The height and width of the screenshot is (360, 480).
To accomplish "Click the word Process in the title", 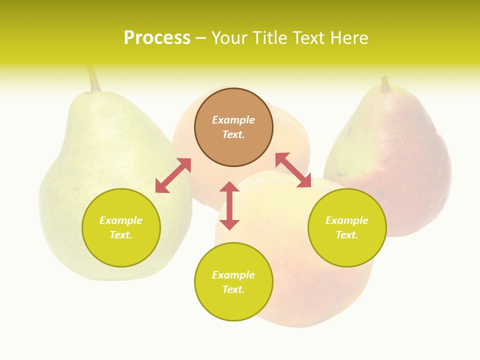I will (x=156, y=38).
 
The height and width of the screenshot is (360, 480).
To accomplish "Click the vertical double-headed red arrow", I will (x=229, y=205).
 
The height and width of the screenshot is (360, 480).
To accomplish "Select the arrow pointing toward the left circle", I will (x=173, y=175).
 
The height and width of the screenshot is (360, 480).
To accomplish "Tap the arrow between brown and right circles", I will (x=293, y=170).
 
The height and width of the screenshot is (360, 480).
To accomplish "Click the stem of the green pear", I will (x=93, y=79).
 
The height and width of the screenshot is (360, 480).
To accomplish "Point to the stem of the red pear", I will (x=385, y=84).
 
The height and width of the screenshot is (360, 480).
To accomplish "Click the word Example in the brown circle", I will (x=233, y=120).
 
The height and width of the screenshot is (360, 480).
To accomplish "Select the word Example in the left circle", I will (x=121, y=220).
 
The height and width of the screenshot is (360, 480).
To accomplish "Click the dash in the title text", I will (x=201, y=38).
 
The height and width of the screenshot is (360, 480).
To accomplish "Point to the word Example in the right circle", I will (x=347, y=220).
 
